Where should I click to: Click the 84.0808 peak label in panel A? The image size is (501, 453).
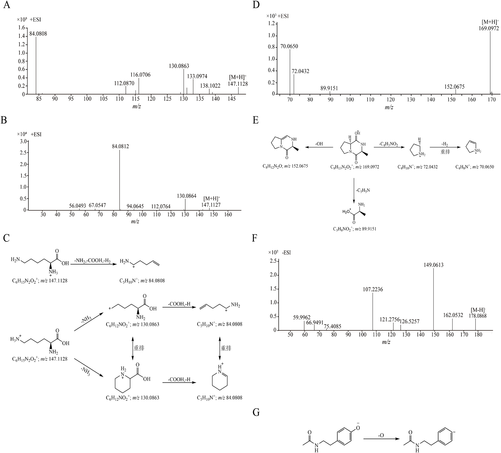(x=38, y=34)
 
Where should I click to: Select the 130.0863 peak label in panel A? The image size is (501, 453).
(x=179, y=66)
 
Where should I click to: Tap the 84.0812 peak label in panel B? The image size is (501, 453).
(x=120, y=147)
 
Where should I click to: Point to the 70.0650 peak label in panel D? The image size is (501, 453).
(x=289, y=46)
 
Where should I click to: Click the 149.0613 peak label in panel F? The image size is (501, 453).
(x=433, y=265)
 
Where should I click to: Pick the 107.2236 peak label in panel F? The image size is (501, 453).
(x=373, y=289)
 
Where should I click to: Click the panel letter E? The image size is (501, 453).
(x=256, y=120)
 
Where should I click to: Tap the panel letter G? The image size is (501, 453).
(x=256, y=412)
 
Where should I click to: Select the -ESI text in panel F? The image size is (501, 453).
(x=286, y=253)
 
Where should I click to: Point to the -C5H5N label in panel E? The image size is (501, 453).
(x=363, y=190)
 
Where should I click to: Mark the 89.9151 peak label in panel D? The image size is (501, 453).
(x=329, y=88)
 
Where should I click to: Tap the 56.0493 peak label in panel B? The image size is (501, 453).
(x=77, y=206)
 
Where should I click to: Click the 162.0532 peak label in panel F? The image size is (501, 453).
(x=453, y=315)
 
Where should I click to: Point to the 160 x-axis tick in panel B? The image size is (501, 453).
(x=228, y=215)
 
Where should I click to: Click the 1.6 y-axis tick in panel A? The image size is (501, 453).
(x=21, y=28)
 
